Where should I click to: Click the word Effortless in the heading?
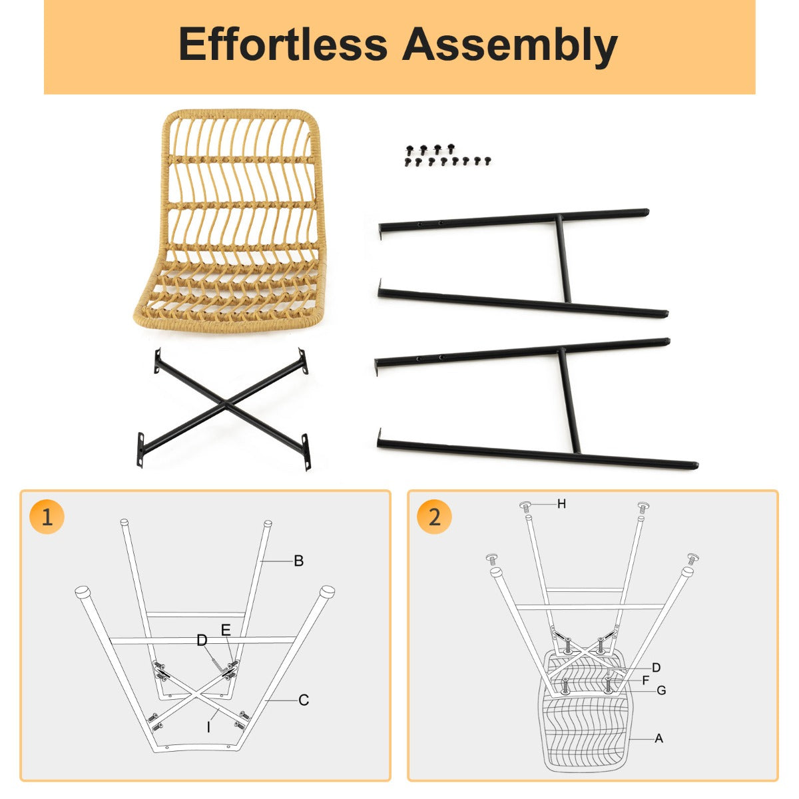tap(283, 44)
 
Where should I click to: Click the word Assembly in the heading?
tap(509, 47)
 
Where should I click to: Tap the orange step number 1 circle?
tap(47, 518)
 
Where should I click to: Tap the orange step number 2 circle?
tap(435, 518)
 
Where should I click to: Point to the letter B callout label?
tap(298, 561)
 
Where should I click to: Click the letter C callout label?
tap(304, 700)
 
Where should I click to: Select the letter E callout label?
tap(226, 631)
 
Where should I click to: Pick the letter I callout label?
tap(208, 727)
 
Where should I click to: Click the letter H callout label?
tap(561, 504)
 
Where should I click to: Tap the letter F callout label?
tap(646, 680)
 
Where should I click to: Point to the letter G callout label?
tap(661, 690)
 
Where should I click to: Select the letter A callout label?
tap(659, 738)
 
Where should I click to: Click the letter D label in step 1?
tap(202, 641)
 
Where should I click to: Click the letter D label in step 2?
tap(656, 668)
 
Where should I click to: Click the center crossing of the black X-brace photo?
tap(225, 403)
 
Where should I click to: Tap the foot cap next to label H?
tap(526, 507)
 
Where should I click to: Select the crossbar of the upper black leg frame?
tap(563, 258)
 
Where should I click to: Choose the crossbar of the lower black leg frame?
tap(569, 401)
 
